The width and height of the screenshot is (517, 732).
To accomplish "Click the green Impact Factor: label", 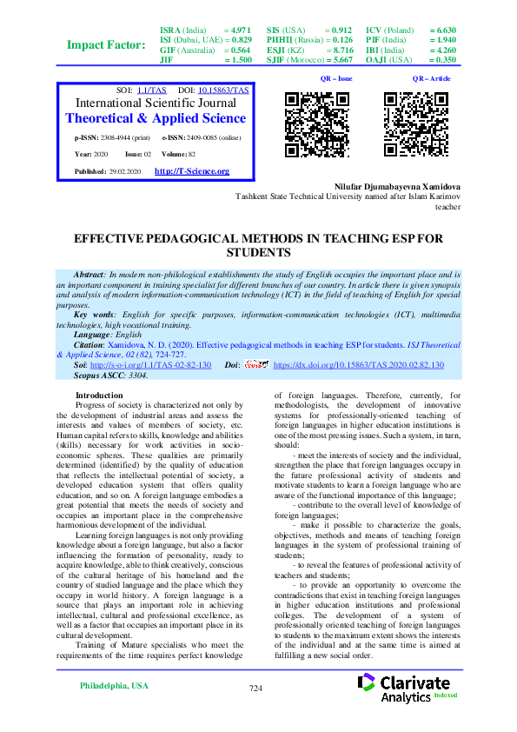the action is (106, 45).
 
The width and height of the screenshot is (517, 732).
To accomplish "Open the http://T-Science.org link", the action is (191, 171).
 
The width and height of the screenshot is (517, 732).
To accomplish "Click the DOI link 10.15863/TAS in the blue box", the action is (224, 90).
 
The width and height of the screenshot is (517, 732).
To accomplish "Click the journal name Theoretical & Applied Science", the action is (156, 118).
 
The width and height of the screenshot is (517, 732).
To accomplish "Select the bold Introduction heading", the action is (100, 395).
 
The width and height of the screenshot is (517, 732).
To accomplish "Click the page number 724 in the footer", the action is (255, 688).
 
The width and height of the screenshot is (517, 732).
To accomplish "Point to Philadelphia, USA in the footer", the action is (113, 685).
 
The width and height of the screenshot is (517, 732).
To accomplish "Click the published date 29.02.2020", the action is (129, 172).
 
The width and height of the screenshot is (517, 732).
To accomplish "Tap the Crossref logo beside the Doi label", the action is (257, 365).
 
